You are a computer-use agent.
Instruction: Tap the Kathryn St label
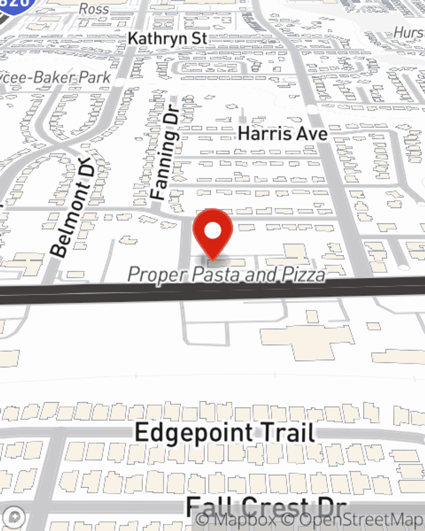pyautogui.click(x=167, y=38)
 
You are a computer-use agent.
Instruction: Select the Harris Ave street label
pyautogui.click(x=283, y=134)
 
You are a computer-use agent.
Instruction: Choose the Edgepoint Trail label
pyautogui.click(x=225, y=433)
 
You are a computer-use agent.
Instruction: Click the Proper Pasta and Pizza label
pyautogui.click(x=227, y=274)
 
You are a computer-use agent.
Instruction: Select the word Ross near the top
pyautogui.click(x=93, y=8)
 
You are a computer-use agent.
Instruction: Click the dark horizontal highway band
pyautogui.click(x=212, y=291)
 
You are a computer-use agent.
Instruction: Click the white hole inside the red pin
pyautogui.click(x=212, y=231)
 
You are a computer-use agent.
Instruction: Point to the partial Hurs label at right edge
pyautogui.click(x=409, y=32)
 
